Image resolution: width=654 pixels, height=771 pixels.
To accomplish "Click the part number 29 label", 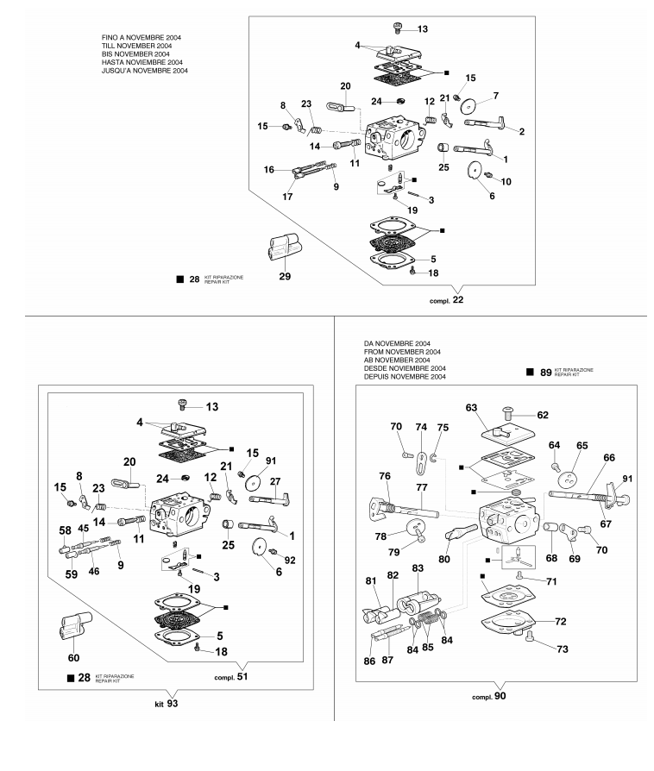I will coord(284,277).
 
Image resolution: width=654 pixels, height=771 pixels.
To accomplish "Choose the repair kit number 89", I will coord(545,373).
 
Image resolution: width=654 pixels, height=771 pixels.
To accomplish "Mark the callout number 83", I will coord(418,568).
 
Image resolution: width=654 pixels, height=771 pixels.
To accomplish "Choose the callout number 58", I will coord(65,530).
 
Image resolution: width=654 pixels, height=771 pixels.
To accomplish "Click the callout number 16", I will coord(270,170).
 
